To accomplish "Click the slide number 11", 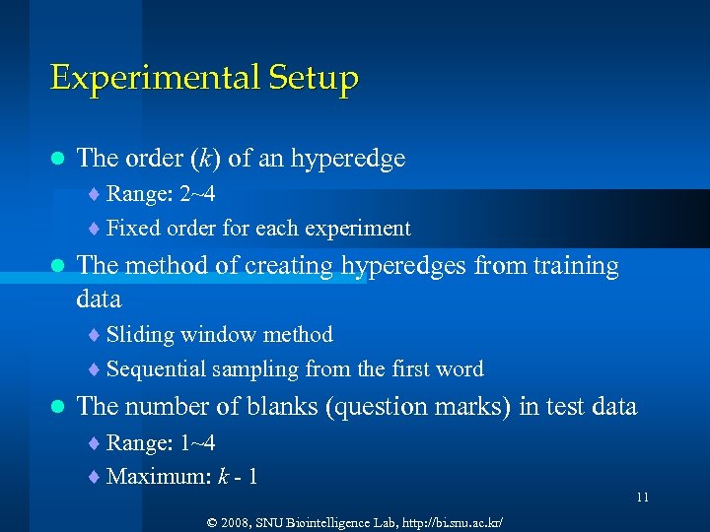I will coord(642,498).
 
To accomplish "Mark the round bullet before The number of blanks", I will coord(57,406).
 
